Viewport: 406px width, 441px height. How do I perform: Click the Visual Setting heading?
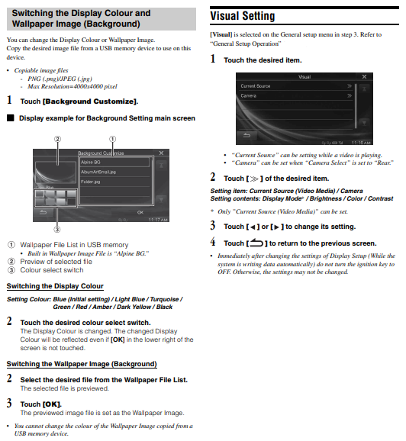242,16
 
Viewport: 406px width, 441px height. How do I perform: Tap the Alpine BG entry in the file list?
91,163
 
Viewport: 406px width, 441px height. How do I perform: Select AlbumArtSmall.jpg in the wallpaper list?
98,172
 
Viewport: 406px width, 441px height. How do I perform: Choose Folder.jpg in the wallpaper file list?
91,182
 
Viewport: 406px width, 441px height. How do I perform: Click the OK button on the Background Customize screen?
140,212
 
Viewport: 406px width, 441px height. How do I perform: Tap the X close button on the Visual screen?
364,76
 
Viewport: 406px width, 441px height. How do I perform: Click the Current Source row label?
255,86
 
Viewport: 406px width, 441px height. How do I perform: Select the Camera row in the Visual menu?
249,95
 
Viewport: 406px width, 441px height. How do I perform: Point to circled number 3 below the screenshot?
57,230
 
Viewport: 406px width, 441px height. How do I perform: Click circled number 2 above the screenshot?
57,139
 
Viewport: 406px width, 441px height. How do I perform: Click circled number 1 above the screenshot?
112,139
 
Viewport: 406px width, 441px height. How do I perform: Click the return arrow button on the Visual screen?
246,136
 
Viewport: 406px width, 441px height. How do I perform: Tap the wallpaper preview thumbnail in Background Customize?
56,172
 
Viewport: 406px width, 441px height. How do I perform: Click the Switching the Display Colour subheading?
55,286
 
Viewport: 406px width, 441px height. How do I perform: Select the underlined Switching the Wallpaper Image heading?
82,364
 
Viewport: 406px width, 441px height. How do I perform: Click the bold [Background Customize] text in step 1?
90,101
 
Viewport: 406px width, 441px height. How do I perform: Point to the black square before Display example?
11,117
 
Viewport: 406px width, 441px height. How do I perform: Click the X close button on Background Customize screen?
161,153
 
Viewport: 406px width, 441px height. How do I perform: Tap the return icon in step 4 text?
256,243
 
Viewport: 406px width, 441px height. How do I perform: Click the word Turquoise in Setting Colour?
165,299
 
